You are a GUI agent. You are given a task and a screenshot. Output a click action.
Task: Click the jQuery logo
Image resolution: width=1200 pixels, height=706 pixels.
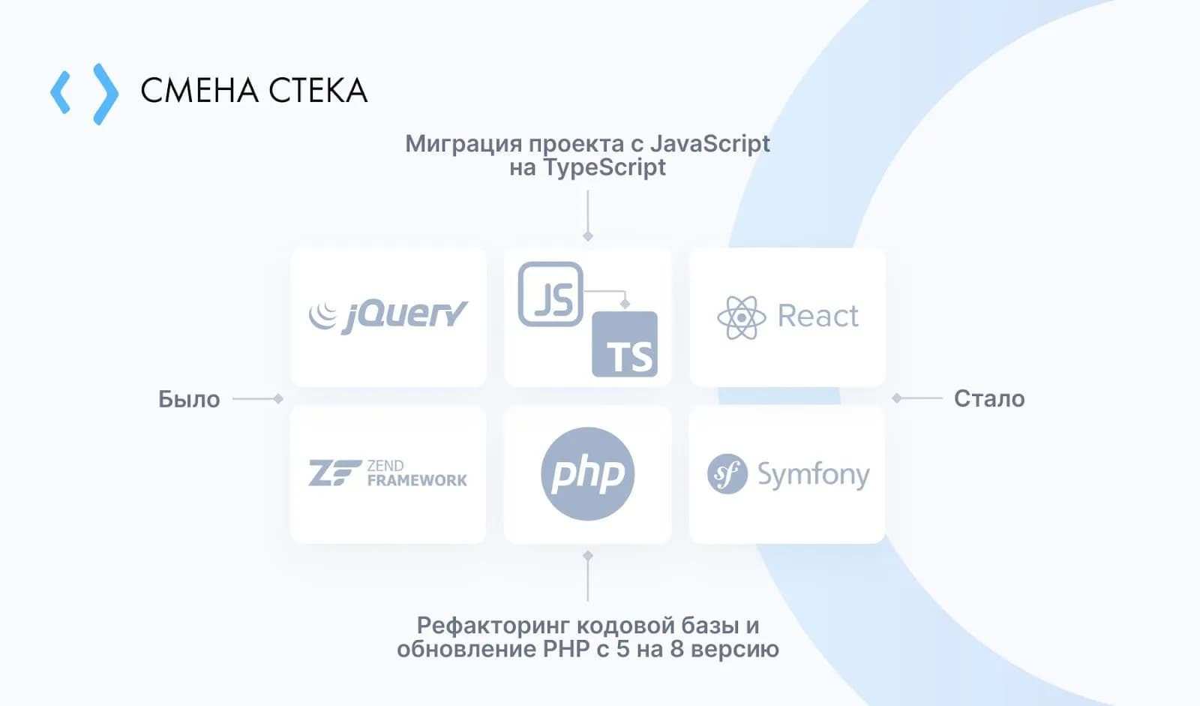[388, 317]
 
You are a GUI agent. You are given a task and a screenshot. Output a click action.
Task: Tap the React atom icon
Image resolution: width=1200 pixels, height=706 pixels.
[742, 317]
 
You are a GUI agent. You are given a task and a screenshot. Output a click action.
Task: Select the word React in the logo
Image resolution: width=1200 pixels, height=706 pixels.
[818, 316]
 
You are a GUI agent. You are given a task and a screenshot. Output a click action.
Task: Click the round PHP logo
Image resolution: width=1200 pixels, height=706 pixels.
[588, 474]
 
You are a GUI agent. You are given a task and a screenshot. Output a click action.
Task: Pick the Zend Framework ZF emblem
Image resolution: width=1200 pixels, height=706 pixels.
[334, 473]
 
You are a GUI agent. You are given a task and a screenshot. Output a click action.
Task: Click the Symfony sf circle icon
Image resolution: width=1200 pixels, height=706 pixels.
[727, 474]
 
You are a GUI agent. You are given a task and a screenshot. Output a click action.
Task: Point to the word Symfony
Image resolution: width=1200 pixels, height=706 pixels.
[814, 476]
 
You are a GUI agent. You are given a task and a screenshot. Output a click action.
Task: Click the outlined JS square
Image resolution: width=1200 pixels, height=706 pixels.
[550, 294]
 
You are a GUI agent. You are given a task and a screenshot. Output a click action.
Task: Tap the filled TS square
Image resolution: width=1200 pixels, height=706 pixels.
[625, 344]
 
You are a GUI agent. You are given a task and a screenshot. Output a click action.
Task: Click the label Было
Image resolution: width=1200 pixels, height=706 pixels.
[189, 399]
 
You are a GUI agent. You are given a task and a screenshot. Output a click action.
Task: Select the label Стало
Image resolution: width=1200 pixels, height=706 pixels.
[989, 399]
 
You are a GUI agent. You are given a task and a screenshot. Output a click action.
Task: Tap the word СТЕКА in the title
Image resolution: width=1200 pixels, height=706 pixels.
[318, 90]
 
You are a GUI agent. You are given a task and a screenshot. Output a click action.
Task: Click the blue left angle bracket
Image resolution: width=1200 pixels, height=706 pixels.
[61, 93]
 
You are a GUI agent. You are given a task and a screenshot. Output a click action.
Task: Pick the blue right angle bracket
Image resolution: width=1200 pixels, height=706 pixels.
[106, 94]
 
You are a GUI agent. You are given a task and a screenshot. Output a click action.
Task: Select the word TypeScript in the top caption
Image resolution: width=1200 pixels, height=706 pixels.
[604, 167]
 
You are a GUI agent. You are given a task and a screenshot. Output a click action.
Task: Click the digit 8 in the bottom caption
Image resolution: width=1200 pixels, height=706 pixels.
[676, 649]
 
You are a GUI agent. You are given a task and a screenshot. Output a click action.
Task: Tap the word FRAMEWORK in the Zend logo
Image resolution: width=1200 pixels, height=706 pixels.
[417, 480]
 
